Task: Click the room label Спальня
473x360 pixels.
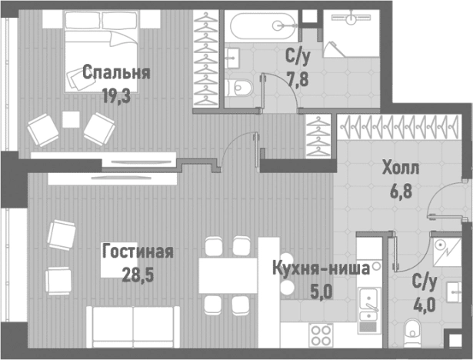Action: coord(115,74)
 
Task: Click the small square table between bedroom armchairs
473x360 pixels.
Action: coord(71,120)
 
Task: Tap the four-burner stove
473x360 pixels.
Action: coord(321,337)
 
